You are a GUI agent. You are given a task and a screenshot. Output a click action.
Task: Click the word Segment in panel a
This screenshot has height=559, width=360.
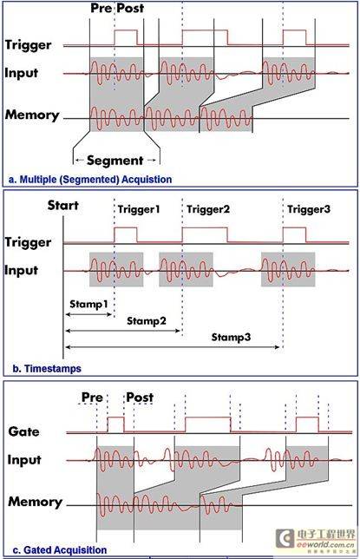(115, 161)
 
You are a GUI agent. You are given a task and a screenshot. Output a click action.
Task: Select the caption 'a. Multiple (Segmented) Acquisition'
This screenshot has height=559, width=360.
(90, 180)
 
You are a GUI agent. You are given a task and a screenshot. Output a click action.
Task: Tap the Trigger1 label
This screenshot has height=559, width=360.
(139, 209)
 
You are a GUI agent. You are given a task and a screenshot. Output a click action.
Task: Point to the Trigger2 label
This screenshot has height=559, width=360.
(208, 209)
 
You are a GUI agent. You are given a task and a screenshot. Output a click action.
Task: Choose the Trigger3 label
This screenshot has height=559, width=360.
(309, 209)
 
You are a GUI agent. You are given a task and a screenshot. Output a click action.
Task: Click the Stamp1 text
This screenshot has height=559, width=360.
(88, 304)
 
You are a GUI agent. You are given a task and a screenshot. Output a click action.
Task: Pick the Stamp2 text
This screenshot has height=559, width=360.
(147, 321)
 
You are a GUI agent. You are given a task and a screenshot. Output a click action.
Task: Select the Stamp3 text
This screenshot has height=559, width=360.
(231, 337)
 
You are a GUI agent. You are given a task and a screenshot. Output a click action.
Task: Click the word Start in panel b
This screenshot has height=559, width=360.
(63, 206)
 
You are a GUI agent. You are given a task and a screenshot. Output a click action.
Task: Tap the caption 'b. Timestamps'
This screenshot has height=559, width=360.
(47, 368)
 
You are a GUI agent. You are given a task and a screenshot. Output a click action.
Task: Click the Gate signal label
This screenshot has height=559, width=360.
(23, 431)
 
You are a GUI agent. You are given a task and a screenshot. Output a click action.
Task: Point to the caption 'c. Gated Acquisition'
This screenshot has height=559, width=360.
(60, 550)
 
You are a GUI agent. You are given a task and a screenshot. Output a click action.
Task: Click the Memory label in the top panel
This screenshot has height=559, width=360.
(32, 115)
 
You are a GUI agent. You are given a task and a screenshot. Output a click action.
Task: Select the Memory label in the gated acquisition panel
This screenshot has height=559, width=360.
(35, 502)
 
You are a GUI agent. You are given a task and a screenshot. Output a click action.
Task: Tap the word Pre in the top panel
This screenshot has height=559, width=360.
(101, 8)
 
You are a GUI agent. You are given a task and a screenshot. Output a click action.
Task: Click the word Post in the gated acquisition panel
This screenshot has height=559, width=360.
(140, 398)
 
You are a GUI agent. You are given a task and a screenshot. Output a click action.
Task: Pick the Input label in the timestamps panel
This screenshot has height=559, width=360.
(21, 270)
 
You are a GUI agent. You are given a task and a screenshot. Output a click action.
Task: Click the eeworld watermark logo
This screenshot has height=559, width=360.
(316, 539)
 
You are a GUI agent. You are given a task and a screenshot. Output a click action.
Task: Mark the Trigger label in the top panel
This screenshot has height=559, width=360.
(28, 46)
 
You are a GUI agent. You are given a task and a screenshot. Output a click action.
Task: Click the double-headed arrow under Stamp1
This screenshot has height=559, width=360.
(89, 314)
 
